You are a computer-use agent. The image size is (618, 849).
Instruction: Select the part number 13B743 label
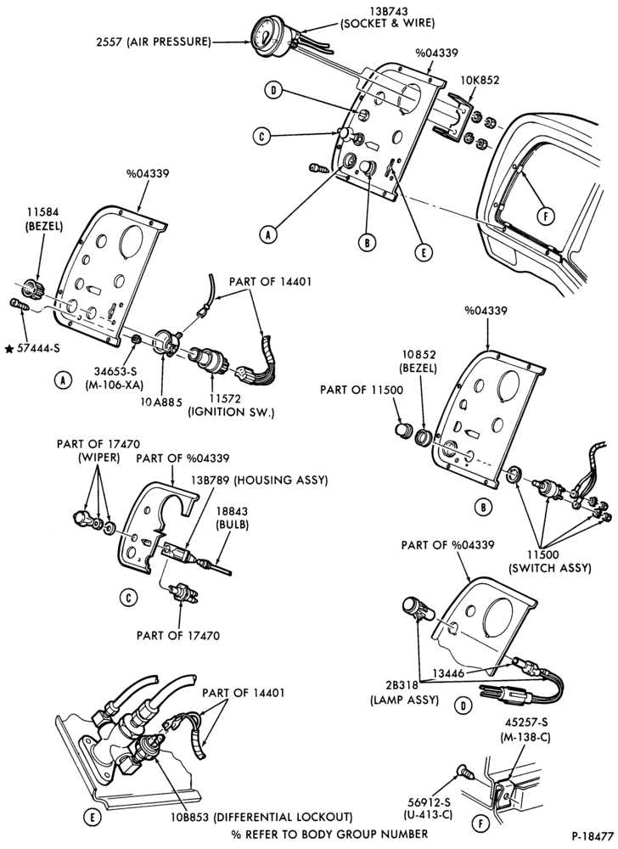pos(387,11)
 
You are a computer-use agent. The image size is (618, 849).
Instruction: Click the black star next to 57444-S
pos(9,349)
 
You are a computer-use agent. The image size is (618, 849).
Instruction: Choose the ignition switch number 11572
pos(231,400)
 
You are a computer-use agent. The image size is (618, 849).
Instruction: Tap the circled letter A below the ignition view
pos(63,380)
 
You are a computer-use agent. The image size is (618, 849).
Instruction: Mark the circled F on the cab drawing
pos(547,216)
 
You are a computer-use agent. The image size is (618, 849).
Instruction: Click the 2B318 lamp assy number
pos(403,687)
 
